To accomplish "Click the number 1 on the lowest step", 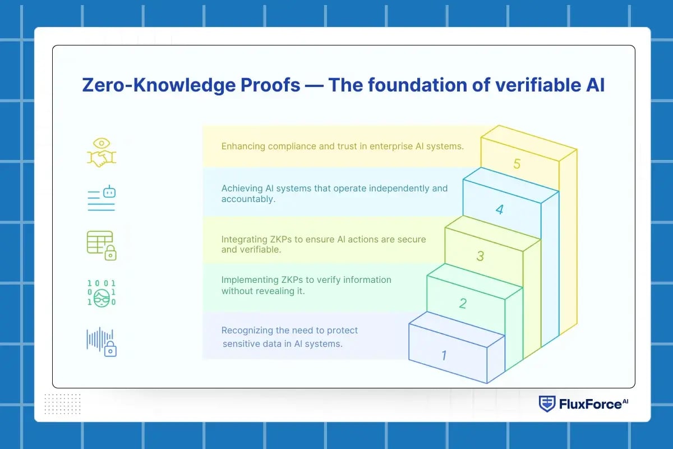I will coord(444,355).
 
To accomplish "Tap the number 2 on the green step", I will coord(463,304).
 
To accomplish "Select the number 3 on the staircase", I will coord(480,256).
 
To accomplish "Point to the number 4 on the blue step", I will coord(499,210).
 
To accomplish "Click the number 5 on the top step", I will coord(517,164).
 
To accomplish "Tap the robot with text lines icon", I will coord(102,199).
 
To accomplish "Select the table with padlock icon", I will coord(102,245).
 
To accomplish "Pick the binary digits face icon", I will coord(102,292).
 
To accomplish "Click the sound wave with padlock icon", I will coord(102,342).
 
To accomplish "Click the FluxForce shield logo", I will coord(547,404).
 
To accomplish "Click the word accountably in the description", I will coord(248,199).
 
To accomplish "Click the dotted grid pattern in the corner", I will coord(62,404).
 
